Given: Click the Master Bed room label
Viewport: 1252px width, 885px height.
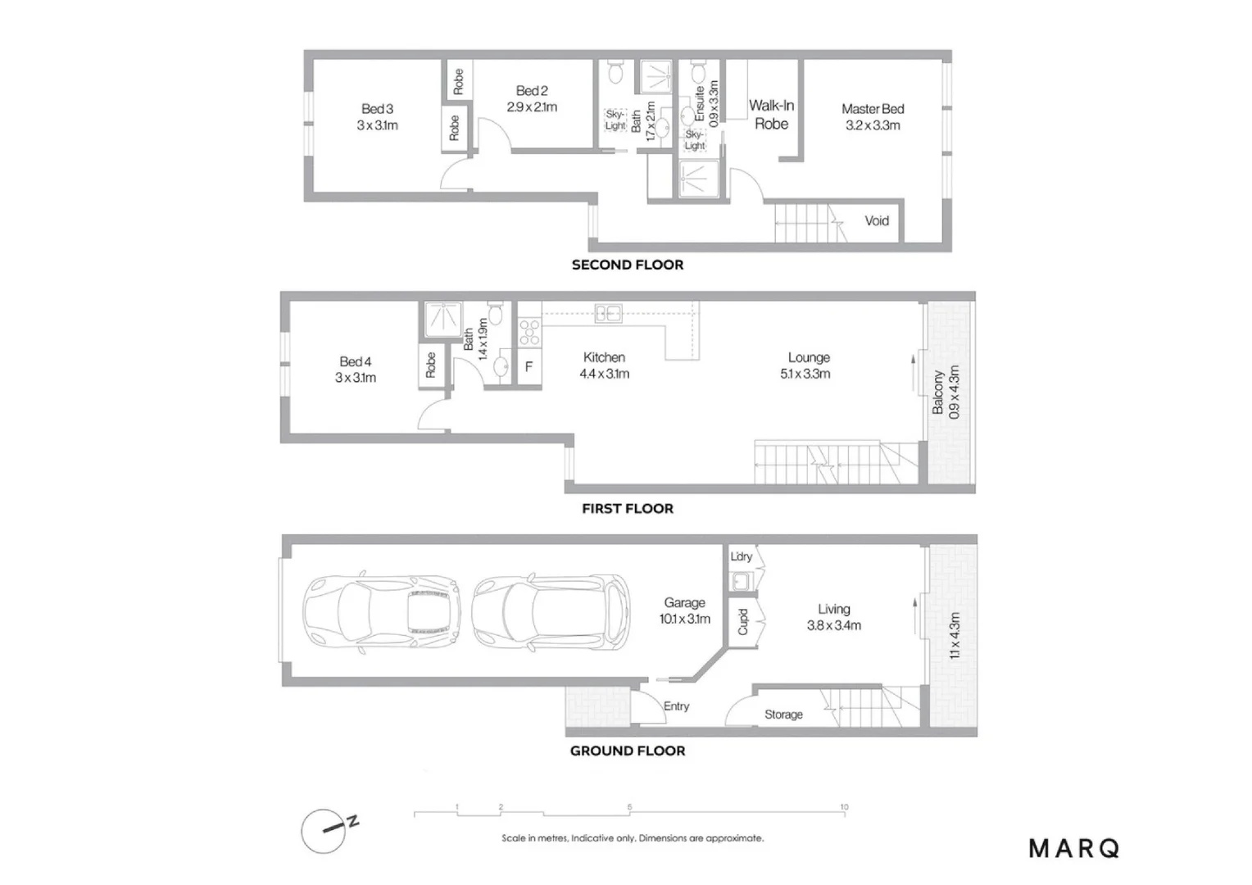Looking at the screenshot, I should pos(873,109).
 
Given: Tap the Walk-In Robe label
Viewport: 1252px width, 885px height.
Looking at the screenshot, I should pos(771,115).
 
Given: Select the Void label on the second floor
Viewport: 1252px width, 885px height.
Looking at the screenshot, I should pos(876,220).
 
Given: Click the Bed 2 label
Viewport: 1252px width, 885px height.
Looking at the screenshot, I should pos(532,91).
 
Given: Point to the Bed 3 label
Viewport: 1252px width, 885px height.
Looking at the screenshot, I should pos(377,109).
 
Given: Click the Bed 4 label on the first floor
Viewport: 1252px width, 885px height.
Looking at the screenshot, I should pos(355,361).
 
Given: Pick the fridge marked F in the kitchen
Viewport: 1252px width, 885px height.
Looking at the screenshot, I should pos(528,366).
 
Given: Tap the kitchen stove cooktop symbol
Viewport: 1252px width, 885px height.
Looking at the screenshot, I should pos(529,332).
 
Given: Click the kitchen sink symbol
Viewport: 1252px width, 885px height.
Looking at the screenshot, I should pos(608,313).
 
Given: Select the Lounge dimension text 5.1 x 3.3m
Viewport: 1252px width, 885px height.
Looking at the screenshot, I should pos(805,374).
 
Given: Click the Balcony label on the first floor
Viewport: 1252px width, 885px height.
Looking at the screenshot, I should pos(939,392).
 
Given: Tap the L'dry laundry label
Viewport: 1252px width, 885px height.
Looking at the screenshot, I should pos(741,556).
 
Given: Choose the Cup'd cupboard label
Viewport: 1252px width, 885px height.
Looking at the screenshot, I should pos(742,621).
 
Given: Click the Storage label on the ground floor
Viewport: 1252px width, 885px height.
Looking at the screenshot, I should pos(783,715).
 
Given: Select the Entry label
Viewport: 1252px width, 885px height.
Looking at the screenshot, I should pos(676,706).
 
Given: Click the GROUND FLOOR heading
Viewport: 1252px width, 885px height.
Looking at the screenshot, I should pos(628,751).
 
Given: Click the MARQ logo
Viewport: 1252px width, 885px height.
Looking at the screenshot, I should pos(1073,849).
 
